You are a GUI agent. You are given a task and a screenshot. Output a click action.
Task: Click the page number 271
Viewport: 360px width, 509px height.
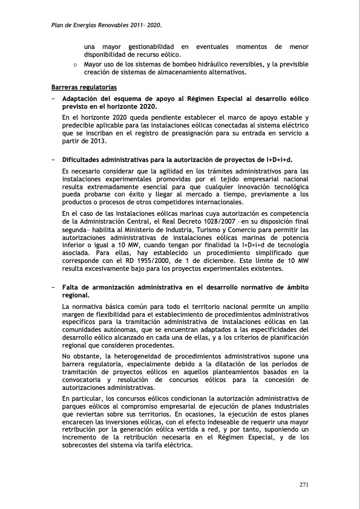click(x=305, y=485)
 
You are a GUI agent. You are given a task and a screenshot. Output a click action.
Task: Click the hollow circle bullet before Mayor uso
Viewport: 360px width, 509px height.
click(x=75, y=64)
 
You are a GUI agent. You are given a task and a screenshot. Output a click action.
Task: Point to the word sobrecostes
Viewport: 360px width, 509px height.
click(x=82, y=446)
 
